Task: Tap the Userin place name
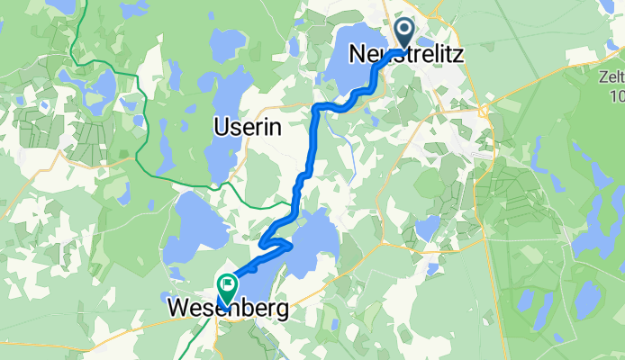click(x=247, y=128)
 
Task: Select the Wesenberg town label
click(x=229, y=310)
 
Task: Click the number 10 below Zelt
click(x=616, y=96)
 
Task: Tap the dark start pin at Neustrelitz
click(x=404, y=34)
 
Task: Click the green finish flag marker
click(x=225, y=288)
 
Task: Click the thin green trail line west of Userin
click(x=144, y=135)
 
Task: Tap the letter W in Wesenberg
click(x=178, y=310)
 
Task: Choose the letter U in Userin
click(x=220, y=128)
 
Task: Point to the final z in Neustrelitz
click(x=459, y=55)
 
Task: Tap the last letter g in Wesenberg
click(x=283, y=312)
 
